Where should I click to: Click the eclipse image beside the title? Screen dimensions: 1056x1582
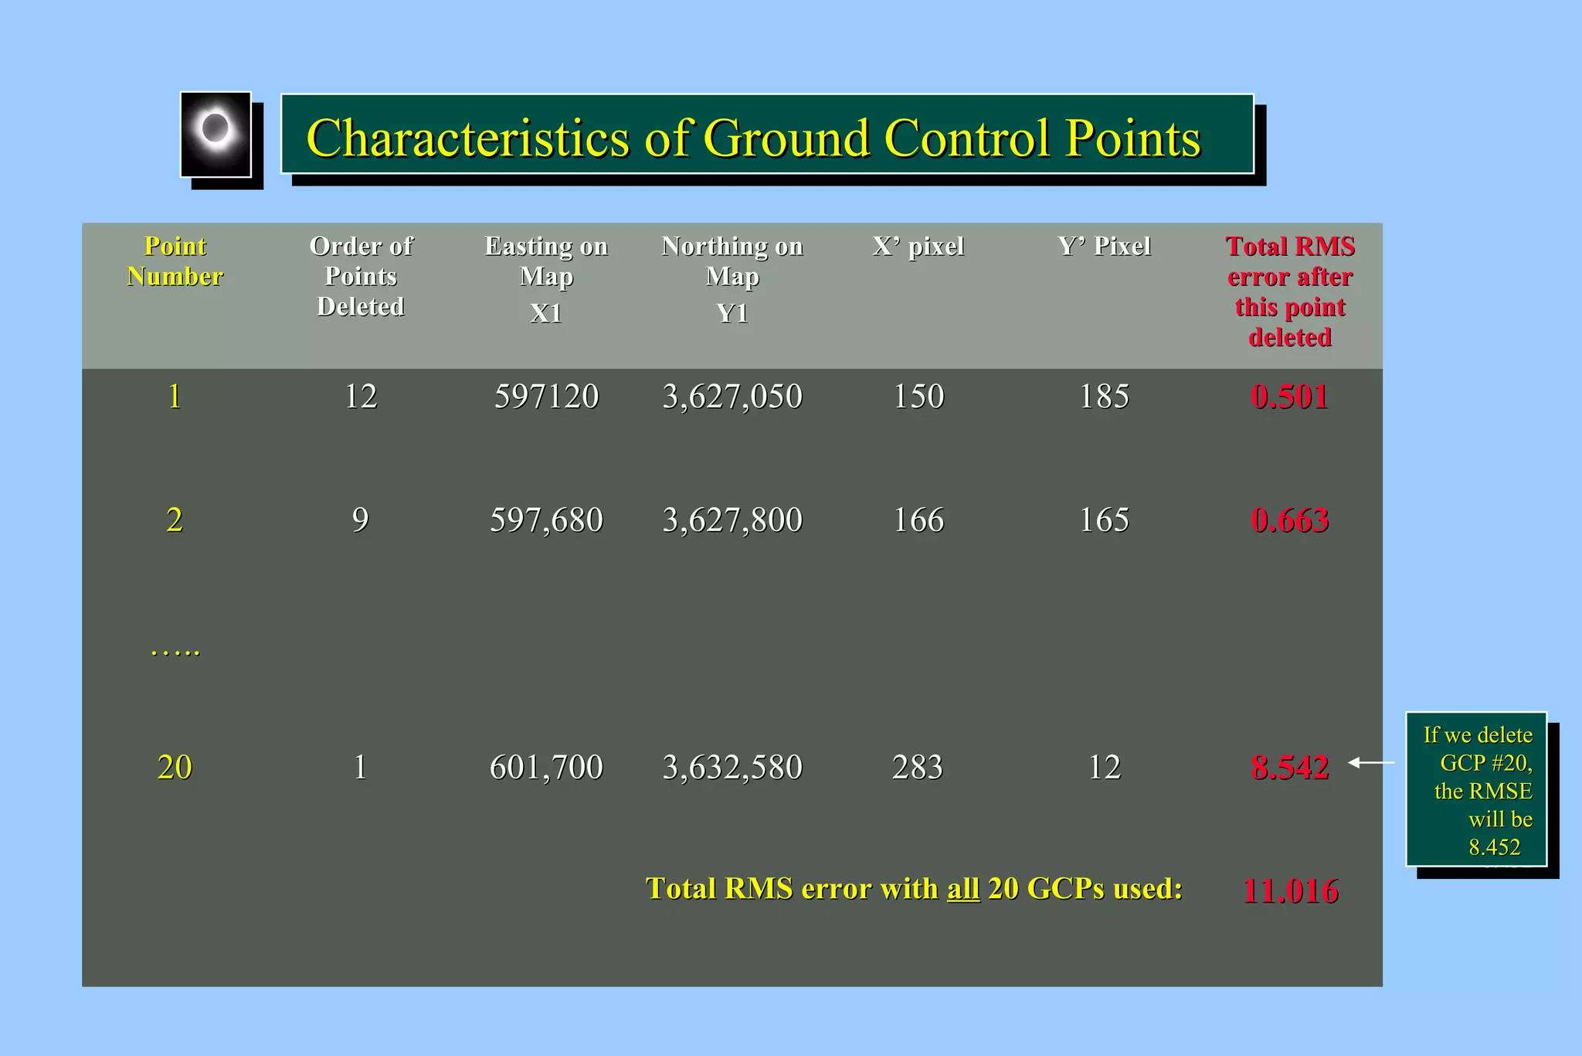pos(216,135)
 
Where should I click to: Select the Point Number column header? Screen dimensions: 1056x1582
pos(175,261)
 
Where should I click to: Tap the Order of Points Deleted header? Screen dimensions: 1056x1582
pos(361,276)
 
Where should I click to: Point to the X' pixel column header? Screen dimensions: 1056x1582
pos(918,247)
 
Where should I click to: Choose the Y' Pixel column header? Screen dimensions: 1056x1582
pos(1104,247)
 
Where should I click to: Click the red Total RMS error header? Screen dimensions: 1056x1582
pos(1290,291)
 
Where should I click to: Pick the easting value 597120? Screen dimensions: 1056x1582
pos(546,397)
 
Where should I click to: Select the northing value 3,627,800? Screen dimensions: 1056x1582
pos(732,520)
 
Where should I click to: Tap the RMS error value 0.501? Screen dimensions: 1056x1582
pos(1289,397)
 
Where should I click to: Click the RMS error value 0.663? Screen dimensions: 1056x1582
pos(1289,520)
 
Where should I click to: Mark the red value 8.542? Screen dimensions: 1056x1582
pos(1289,767)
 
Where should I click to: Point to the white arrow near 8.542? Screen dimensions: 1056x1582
pos(1371,763)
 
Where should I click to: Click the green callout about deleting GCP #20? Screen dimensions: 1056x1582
pos(1476,789)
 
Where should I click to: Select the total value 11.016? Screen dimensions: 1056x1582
pos(1290,891)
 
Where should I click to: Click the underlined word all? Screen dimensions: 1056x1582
pos(963,889)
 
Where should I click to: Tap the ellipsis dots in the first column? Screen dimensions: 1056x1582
pos(175,651)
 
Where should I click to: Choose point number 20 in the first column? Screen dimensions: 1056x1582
pos(175,767)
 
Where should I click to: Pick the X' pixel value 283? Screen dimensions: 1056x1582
pos(918,767)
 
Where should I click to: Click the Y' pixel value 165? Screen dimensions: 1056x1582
pos(1104,520)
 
